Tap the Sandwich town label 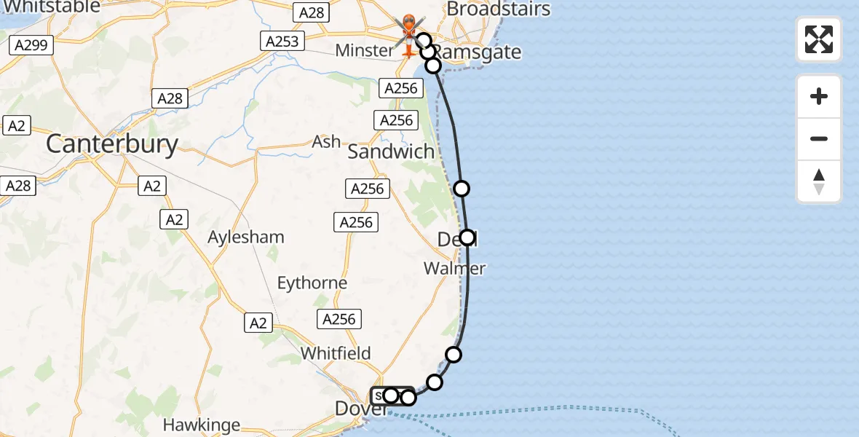coord(391,151)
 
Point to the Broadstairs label coord(498,9)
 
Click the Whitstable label coord(51,7)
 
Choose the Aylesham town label coord(246,237)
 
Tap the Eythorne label coord(312,282)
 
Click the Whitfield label coord(336,353)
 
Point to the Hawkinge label coord(197,425)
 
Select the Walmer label coord(454,269)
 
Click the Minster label coord(364,51)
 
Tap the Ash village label coord(325,141)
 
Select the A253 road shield coord(282,42)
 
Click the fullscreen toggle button coord(819,39)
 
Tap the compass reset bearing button coord(819,181)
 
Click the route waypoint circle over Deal coord(467,237)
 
